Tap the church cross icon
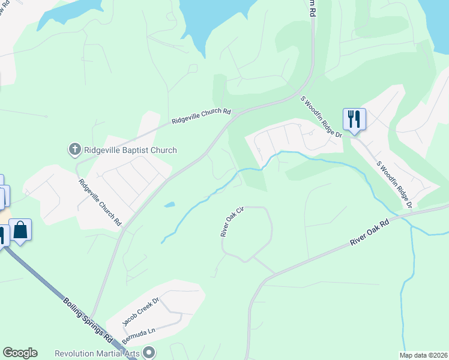[75, 149]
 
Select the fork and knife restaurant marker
[354, 119]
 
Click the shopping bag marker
[20, 229]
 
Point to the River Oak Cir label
[232, 222]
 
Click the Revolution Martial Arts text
[97, 353]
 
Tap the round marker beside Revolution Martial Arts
[149, 353]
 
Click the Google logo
[20, 353]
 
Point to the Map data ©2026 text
[423, 355]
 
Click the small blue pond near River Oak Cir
[169, 205]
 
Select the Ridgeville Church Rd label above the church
[201, 115]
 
